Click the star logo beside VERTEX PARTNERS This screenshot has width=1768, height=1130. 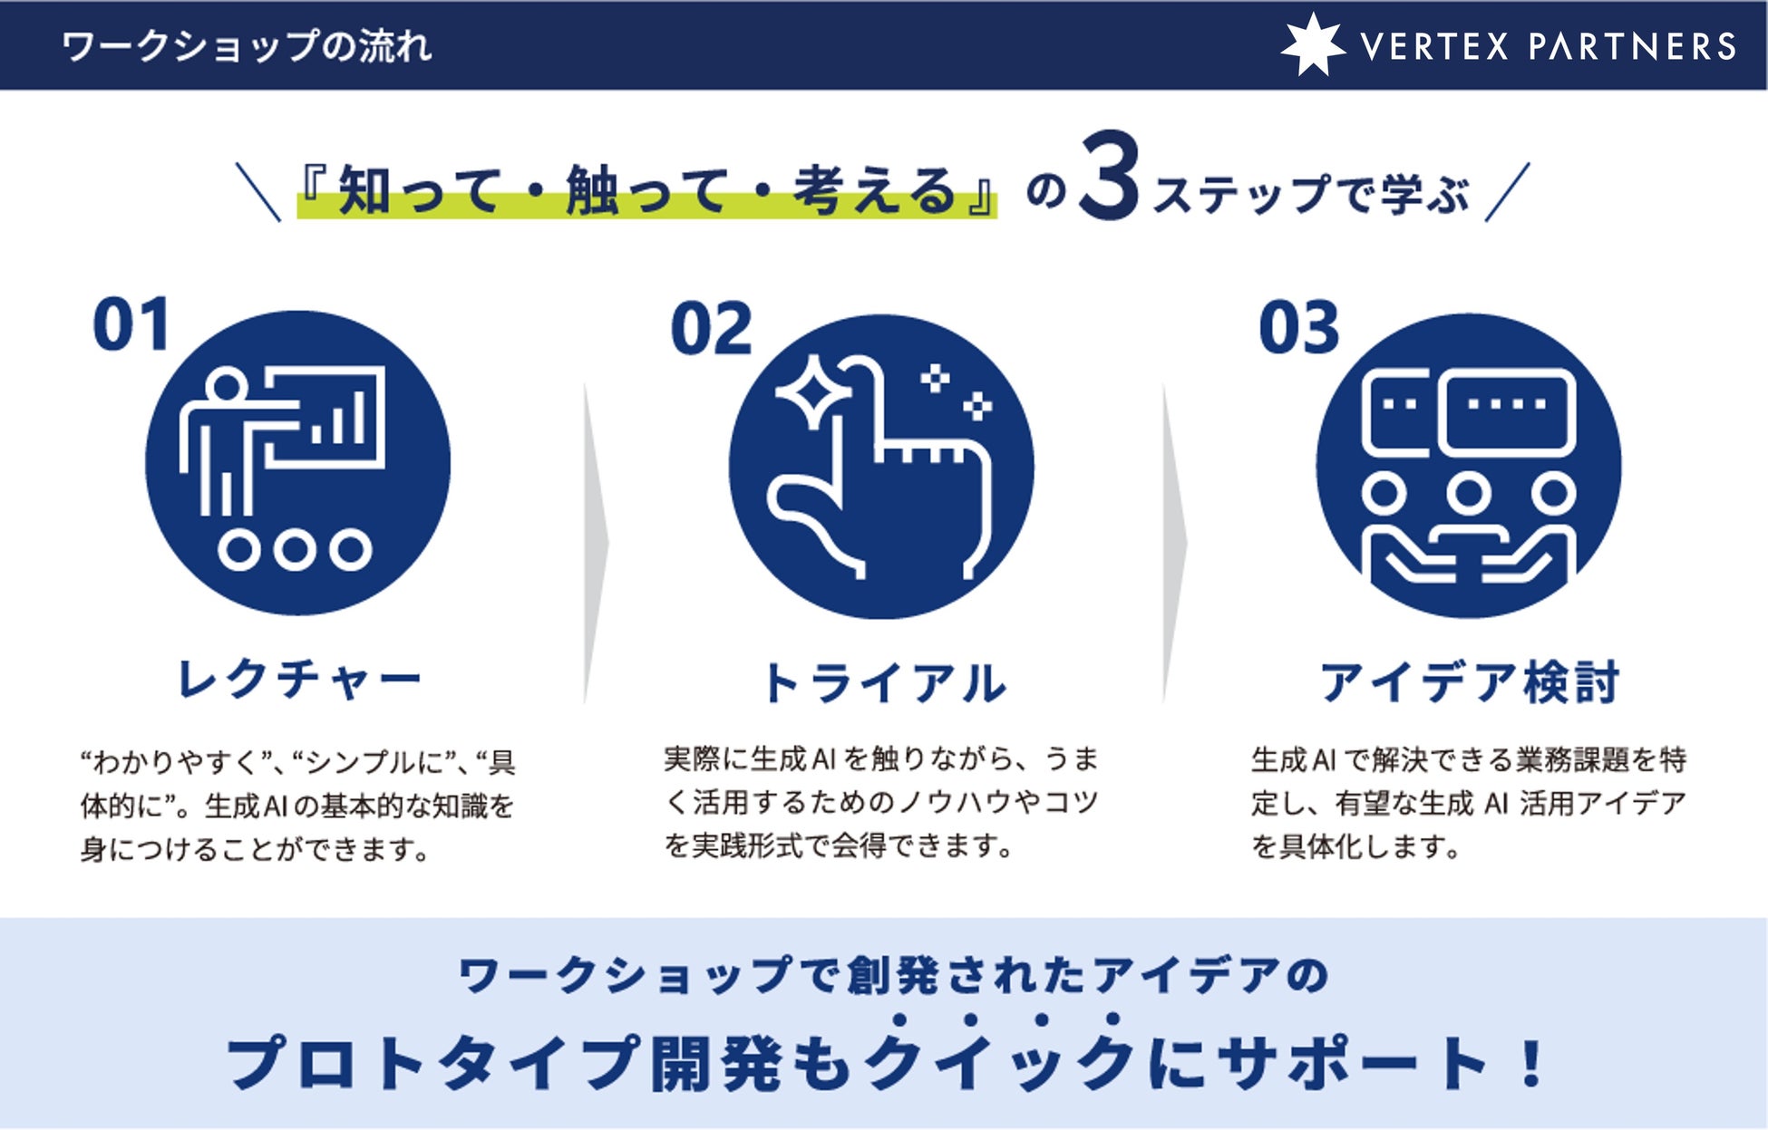[x=1312, y=44]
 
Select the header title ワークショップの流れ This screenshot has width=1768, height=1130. [x=247, y=46]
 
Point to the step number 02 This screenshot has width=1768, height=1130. [x=712, y=329]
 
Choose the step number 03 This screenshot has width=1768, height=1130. [x=1299, y=328]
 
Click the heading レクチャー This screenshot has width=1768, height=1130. [x=299, y=680]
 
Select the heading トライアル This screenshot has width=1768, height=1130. [x=884, y=683]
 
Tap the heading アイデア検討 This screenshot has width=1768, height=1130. [x=1469, y=682]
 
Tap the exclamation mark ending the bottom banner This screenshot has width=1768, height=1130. [x=1532, y=1062]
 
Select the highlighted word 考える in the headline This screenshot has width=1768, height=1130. [x=875, y=191]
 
